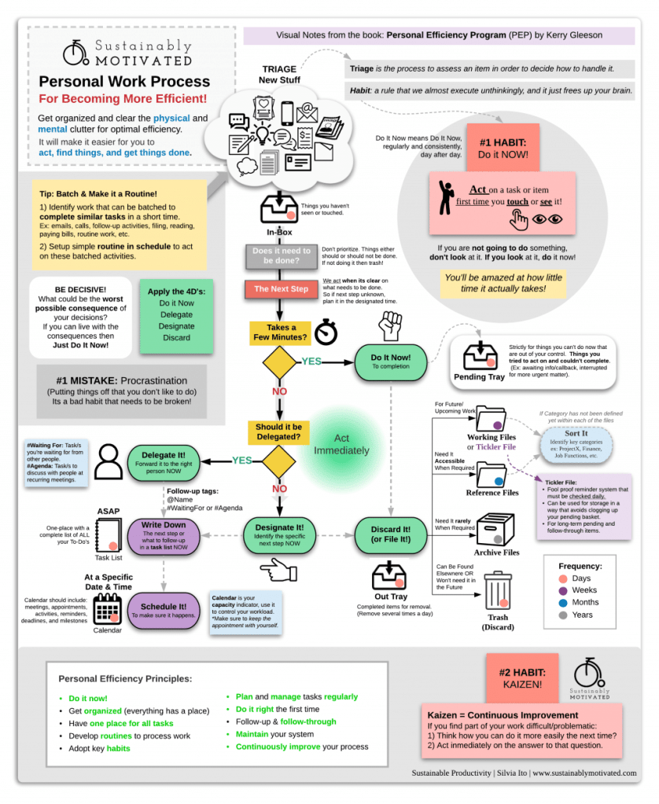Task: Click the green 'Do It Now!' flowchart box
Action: pyautogui.click(x=391, y=362)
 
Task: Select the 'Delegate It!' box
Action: pyautogui.click(x=164, y=461)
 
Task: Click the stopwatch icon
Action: pyautogui.click(x=326, y=333)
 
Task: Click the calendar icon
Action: pyautogui.click(x=108, y=608)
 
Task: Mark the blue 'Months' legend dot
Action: pyautogui.click(x=564, y=602)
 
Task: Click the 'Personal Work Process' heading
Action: pyautogui.click(x=124, y=82)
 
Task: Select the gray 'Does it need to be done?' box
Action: pyautogui.click(x=281, y=256)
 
